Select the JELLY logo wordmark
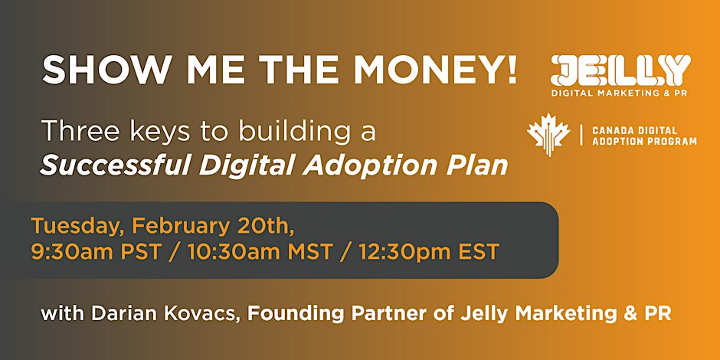620,70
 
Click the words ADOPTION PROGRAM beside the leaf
644,142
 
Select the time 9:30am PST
95,252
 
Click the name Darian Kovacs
165,313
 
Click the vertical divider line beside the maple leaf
581,136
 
